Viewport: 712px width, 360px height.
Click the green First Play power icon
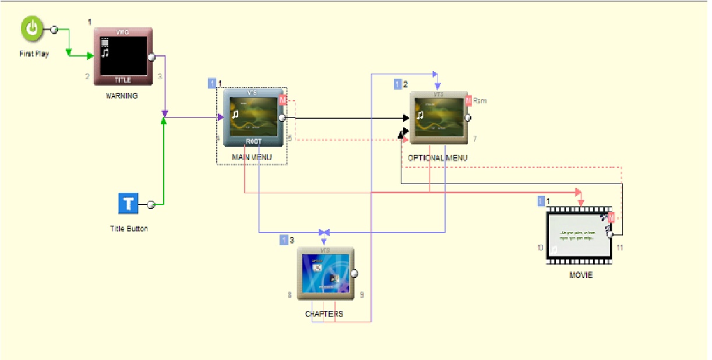pos(33,29)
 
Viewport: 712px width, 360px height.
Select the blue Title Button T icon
pos(129,204)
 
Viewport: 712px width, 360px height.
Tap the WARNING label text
pos(122,96)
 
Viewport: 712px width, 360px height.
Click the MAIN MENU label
pos(252,157)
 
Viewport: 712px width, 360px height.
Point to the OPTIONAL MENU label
pos(438,158)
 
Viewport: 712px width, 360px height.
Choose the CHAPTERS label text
pos(324,314)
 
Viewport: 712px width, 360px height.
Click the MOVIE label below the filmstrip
pos(581,275)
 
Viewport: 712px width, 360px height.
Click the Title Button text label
pos(129,228)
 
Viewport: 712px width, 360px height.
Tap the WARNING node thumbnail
pos(123,57)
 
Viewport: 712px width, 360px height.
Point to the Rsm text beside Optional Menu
pos(480,101)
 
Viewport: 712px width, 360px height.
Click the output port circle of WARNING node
pos(151,57)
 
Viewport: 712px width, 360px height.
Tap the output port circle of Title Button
pos(150,204)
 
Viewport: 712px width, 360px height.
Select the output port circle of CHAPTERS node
pos(354,273)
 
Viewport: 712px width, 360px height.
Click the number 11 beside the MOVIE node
pos(620,248)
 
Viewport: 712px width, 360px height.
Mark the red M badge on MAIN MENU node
pos(283,100)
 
